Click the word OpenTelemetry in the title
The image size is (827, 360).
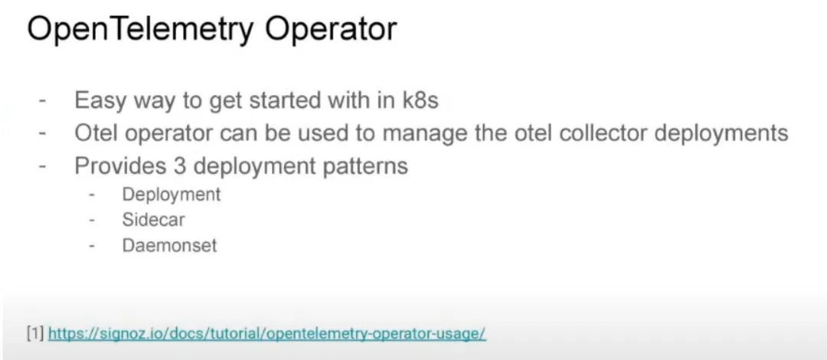[x=140, y=30]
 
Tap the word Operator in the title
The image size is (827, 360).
[x=331, y=30]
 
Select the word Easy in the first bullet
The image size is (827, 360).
[x=94, y=100]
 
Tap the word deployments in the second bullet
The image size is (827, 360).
[x=721, y=133]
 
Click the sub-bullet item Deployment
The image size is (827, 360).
[x=172, y=195]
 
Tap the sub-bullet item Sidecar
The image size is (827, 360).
[x=153, y=220]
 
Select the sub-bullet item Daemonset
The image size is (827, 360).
[x=169, y=245]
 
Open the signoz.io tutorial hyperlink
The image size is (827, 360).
[x=267, y=334]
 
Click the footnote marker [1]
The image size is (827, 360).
[x=35, y=334]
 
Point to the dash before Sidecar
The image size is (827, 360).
[x=93, y=220]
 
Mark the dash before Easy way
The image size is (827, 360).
[x=43, y=100]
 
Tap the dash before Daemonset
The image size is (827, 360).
[x=93, y=245]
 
